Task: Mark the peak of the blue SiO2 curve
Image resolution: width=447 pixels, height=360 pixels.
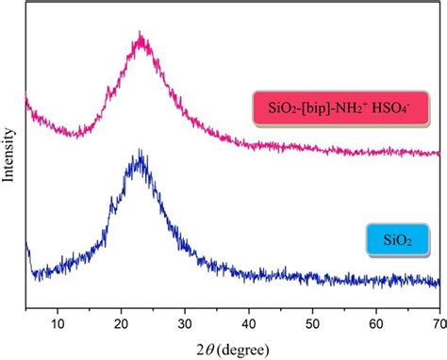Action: point(140,153)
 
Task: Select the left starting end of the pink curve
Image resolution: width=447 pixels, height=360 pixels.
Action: point(26,97)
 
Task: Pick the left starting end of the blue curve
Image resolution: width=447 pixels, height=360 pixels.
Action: point(26,244)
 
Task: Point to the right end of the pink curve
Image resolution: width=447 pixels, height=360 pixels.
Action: point(439,153)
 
